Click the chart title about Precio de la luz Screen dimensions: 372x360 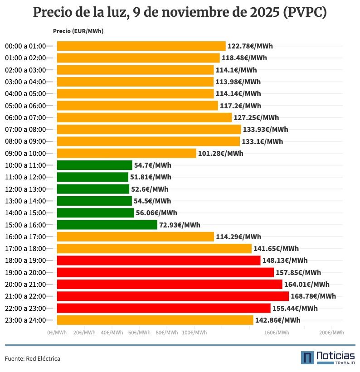point(180,13)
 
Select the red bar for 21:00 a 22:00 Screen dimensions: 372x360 point(172,296)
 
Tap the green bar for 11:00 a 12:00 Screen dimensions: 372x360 point(92,177)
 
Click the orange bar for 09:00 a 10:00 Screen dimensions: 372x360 point(126,153)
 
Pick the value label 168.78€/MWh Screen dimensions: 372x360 point(313,296)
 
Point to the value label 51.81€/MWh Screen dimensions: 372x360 point(151,177)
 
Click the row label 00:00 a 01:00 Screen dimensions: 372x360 point(25,46)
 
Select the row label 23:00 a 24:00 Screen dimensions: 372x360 point(25,320)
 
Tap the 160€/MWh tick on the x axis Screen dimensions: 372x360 point(277,333)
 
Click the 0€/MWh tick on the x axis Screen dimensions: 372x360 point(57,333)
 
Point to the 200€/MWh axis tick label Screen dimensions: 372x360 point(331,333)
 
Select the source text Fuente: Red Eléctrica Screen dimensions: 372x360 point(33,359)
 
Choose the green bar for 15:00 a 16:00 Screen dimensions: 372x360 point(107,225)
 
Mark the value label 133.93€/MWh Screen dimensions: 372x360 point(265,130)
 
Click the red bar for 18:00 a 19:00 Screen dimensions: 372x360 point(159,261)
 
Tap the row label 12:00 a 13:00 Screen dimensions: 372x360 point(25,189)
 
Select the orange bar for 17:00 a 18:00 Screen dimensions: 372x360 point(154,249)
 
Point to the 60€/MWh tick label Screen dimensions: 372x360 point(139,333)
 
